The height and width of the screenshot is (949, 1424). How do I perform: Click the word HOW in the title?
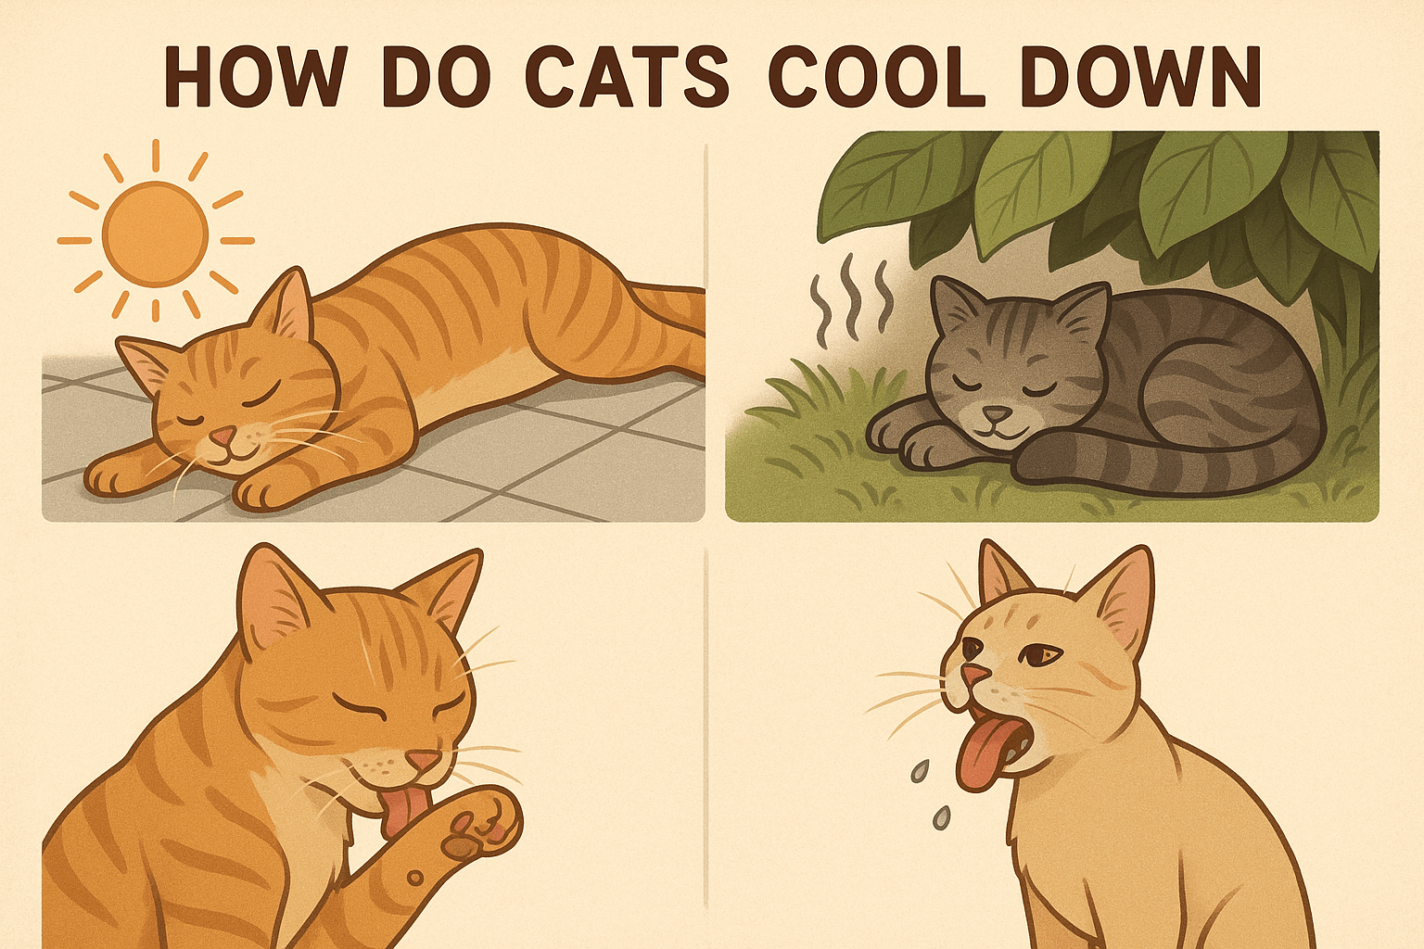pyautogui.click(x=256, y=76)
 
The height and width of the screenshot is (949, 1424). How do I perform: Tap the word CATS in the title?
pyautogui.click(x=627, y=76)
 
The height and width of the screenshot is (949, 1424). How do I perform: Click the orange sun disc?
pyautogui.click(x=155, y=234)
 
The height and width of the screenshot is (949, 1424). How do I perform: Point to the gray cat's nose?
pyautogui.click(x=997, y=414)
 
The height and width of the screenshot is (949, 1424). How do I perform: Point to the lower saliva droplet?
pyautogui.click(x=942, y=816)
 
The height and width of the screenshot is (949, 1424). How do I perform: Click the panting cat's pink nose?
pyautogui.click(x=974, y=675)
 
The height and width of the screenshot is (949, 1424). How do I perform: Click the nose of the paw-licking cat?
pyautogui.click(x=423, y=760)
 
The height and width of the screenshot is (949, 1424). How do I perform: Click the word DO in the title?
pyautogui.click(x=436, y=76)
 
